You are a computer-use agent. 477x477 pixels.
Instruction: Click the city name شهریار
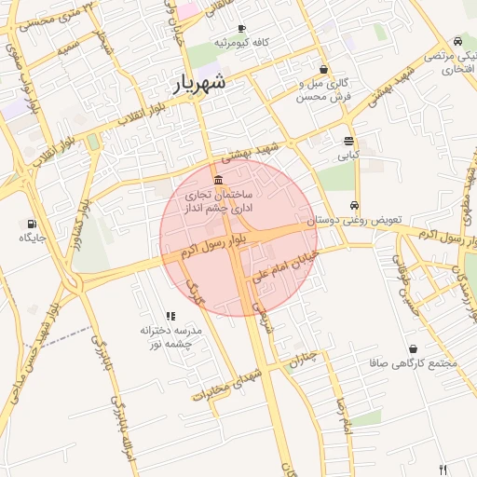coord(200,83)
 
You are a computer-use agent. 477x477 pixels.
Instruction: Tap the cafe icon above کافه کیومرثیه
coord(242,29)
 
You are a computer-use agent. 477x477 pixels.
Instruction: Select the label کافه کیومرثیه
coord(241,43)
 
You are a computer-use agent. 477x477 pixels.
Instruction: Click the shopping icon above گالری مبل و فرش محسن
coord(323,69)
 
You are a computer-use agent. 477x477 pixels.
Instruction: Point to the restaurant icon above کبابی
coord(348,142)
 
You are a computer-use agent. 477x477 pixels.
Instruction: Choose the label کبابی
coord(348,156)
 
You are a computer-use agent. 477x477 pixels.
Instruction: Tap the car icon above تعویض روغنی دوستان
coord(354,206)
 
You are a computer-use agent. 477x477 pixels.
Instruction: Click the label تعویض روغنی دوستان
coord(354,220)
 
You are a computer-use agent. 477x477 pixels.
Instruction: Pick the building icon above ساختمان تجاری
coord(218,180)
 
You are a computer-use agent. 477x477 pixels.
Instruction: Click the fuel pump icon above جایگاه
coord(33,224)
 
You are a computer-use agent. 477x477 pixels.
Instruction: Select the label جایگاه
coord(33,238)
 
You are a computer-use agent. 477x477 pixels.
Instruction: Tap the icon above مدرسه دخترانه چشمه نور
coord(170,317)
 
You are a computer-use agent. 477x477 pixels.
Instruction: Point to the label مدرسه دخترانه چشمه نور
coord(170,337)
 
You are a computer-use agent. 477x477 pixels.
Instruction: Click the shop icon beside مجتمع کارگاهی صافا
coord(413,349)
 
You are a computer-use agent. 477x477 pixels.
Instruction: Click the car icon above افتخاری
coord(457,42)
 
